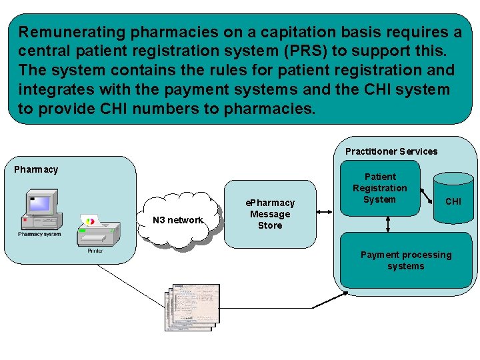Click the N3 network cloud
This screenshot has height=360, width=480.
pos(178,220)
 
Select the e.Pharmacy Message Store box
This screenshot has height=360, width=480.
pos(270,214)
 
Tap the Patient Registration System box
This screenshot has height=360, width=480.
pos(379,188)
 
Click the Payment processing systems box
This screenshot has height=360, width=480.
pos(405,260)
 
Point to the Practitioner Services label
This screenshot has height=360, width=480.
pos(391,151)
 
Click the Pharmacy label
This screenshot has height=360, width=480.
pos(36,169)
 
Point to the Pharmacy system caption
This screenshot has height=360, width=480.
pos(39,234)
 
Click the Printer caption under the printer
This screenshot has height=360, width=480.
pos(95,251)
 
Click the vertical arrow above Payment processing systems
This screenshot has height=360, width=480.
pos(388,225)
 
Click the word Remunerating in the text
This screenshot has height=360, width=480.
pos(73,32)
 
